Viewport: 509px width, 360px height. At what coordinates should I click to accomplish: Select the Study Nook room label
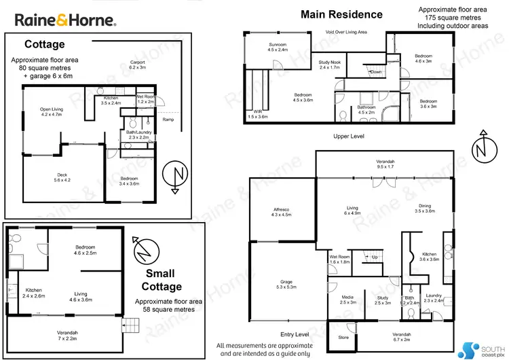coord(329,65)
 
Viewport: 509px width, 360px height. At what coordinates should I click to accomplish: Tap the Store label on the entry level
coord(343,338)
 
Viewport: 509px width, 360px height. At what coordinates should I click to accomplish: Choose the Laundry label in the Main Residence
coord(433,298)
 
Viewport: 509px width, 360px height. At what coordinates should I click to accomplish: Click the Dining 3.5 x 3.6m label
coord(424,208)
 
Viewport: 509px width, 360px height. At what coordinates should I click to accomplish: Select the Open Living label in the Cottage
coord(51,112)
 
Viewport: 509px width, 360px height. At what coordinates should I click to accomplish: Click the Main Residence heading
coord(341,14)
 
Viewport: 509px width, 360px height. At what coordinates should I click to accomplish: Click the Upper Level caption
coord(350,137)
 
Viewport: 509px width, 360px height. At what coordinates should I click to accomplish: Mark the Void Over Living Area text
coord(346,32)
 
